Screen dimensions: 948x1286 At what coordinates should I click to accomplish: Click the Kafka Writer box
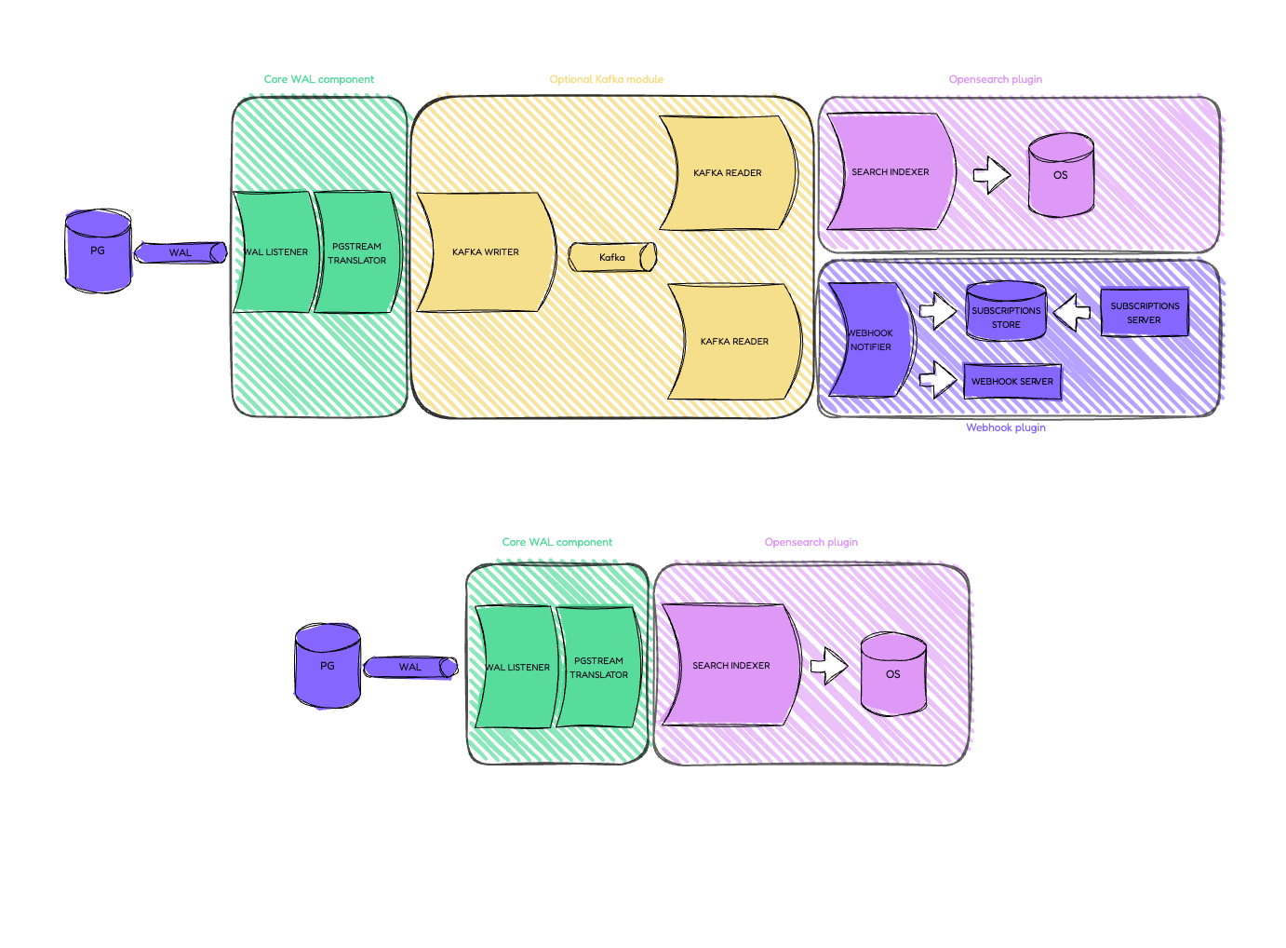(x=485, y=251)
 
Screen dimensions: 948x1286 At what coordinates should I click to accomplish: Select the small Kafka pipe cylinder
(x=612, y=257)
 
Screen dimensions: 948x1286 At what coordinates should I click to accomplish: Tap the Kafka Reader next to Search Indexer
(x=727, y=172)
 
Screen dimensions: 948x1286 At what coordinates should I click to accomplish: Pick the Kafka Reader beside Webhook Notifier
(x=734, y=341)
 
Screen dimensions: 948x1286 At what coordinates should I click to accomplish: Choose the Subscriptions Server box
(x=1145, y=313)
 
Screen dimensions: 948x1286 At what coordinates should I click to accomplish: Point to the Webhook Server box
(x=1012, y=381)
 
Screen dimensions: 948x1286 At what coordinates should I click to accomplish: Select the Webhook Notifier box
(x=870, y=340)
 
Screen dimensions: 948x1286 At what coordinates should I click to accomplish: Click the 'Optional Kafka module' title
(x=607, y=79)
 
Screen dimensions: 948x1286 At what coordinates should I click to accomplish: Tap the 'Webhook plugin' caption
(x=1006, y=427)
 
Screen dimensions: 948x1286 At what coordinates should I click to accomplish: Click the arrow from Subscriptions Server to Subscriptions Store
(x=1074, y=311)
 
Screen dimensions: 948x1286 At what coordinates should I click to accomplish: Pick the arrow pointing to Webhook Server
(x=938, y=379)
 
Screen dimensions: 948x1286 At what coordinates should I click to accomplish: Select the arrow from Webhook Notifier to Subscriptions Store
(x=938, y=311)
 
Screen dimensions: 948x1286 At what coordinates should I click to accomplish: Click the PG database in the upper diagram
(x=98, y=251)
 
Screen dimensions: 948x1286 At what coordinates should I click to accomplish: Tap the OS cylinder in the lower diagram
(x=893, y=674)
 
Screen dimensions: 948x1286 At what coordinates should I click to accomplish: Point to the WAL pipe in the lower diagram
(x=410, y=667)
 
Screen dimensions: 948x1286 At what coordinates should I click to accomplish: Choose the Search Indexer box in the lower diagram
(x=730, y=665)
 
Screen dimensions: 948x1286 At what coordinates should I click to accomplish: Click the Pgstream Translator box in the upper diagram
(x=357, y=252)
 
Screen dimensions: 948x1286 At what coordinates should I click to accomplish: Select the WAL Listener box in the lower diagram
(x=516, y=667)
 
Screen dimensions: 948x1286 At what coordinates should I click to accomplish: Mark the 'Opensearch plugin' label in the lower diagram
(x=811, y=542)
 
